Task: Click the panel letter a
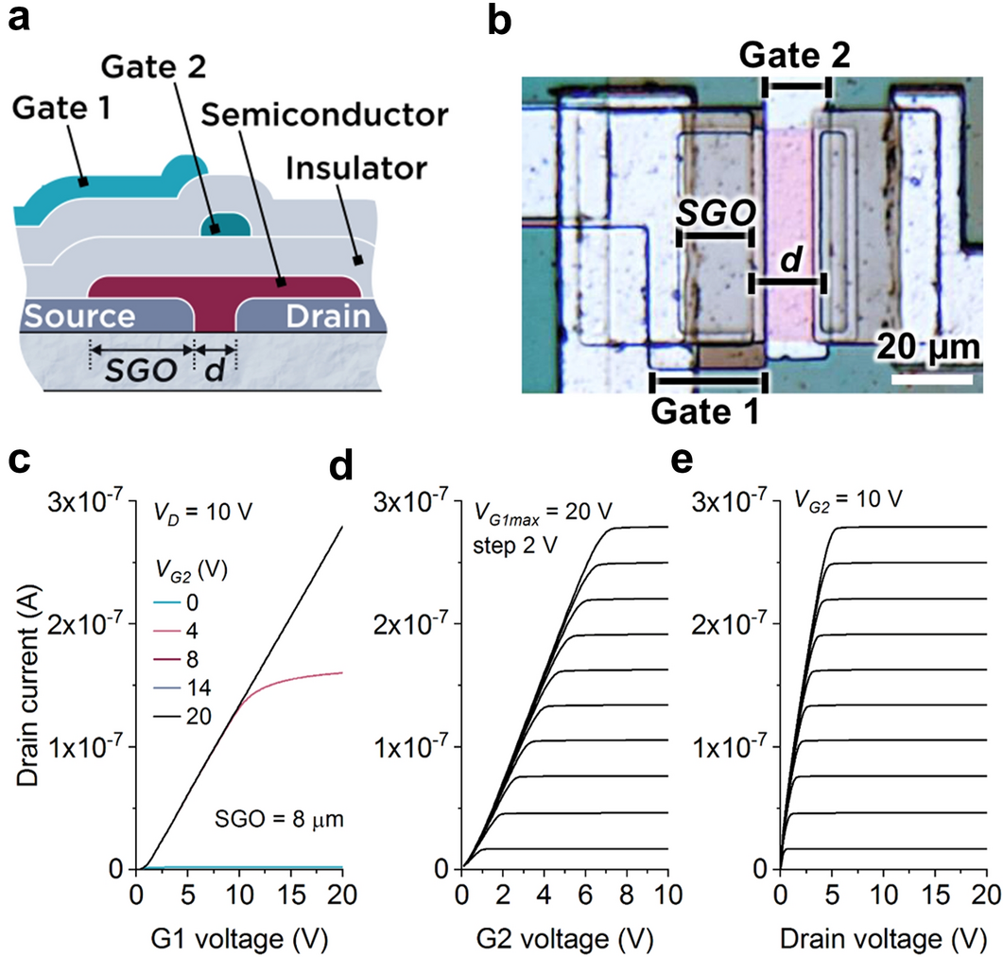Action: pos(20,20)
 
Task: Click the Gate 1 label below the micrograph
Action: pos(707,412)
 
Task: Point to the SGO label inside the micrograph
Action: pos(715,216)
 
